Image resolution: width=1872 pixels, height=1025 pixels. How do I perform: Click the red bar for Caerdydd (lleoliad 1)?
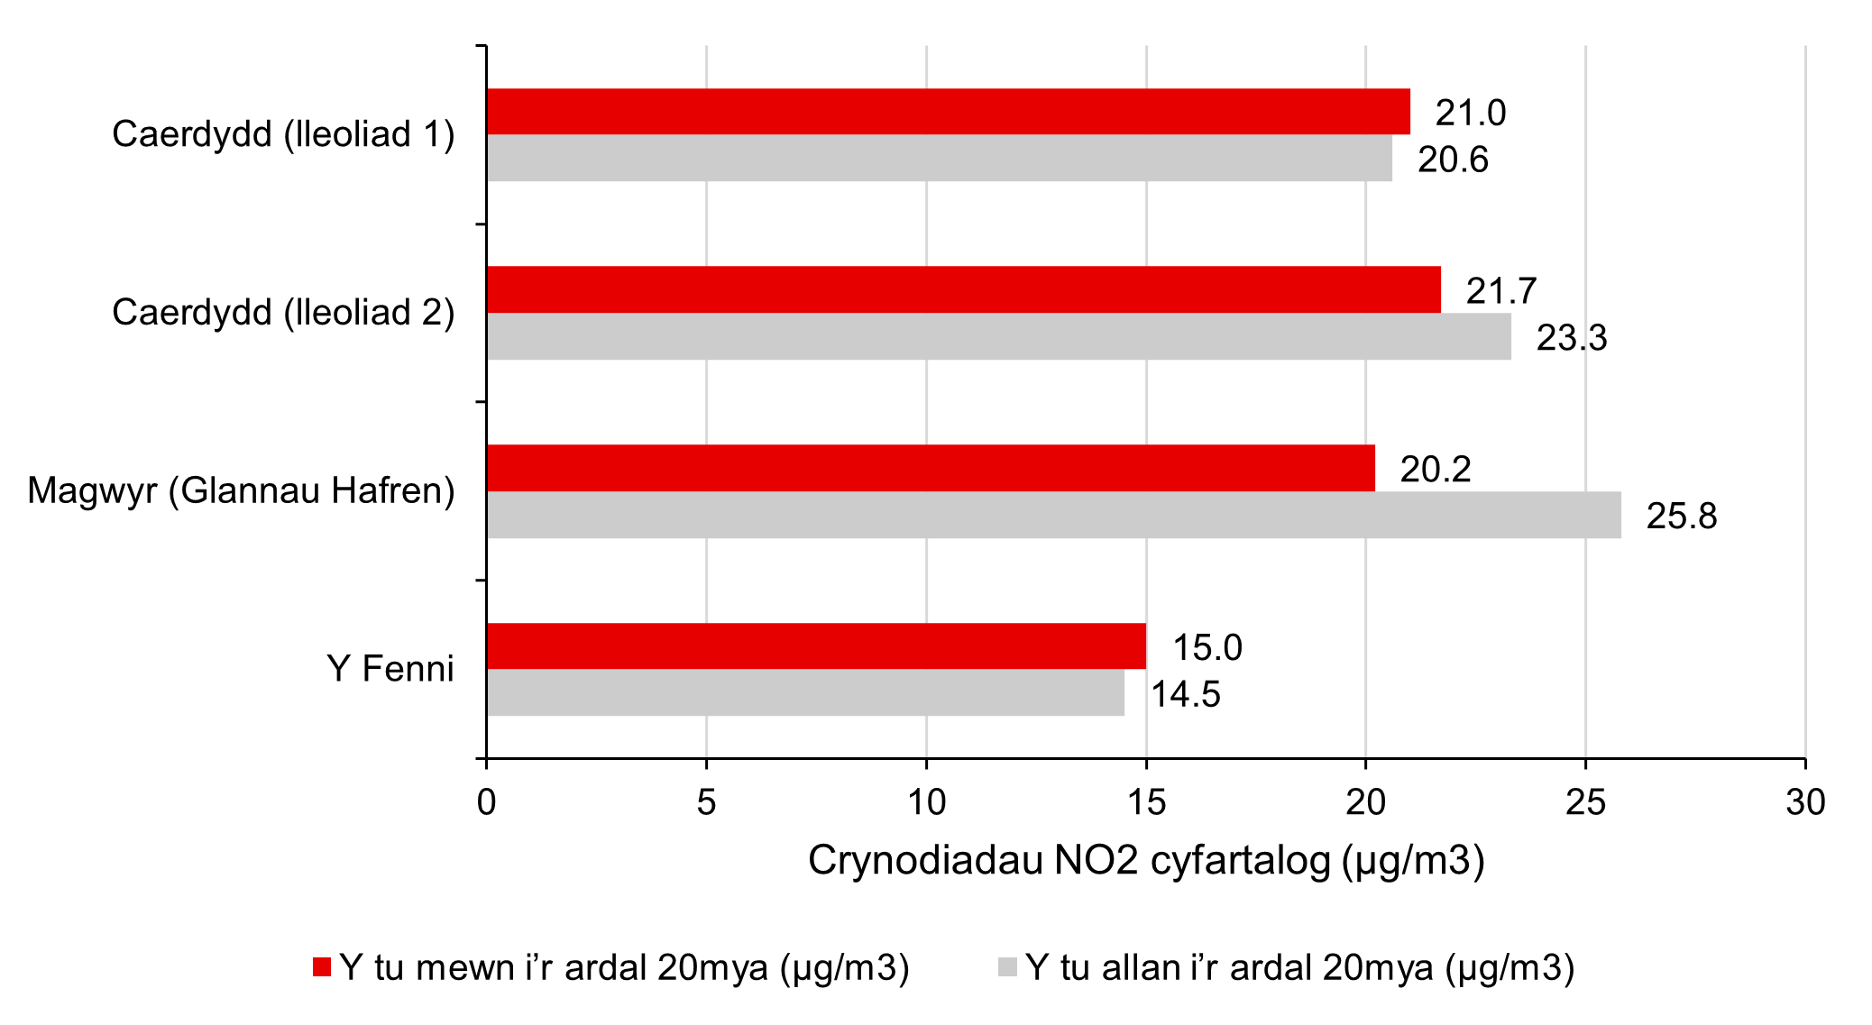pyautogui.click(x=948, y=112)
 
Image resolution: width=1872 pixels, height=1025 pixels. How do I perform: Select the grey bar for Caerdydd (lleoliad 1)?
pyautogui.click(x=939, y=158)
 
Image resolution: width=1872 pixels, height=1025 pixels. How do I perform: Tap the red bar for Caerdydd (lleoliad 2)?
pyautogui.click(x=963, y=289)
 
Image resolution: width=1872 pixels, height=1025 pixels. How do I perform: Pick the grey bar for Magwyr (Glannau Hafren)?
pyautogui.click(x=1053, y=515)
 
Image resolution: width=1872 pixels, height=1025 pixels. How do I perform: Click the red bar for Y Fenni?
pyautogui.click(x=816, y=645)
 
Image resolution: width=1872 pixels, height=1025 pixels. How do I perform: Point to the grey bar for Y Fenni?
pyautogui.click(x=805, y=692)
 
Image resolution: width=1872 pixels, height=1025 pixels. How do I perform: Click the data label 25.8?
pyautogui.click(x=1681, y=517)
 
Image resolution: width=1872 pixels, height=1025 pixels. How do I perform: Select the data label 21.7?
pyautogui.click(x=1500, y=291)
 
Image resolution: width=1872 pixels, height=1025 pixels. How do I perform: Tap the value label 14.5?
pyautogui.click(x=1185, y=695)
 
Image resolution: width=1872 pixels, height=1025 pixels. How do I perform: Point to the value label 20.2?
pyautogui.click(x=1435, y=470)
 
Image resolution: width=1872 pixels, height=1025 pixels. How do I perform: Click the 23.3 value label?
pyautogui.click(x=1571, y=338)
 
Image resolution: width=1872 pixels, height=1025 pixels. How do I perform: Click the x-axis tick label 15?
pyautogui.click(x=1146, y=802)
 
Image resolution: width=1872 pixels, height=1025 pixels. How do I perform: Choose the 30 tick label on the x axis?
pyautogui.click(x=1805, y=802)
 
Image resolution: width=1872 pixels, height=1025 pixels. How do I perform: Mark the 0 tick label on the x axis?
pyautogui.click(x=487, y=802)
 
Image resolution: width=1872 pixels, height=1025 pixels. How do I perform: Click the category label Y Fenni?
pyautogui.click(x=390, y=669)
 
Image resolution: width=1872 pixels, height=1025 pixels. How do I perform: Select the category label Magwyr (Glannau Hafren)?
pyautogui.click(x=241, y=490)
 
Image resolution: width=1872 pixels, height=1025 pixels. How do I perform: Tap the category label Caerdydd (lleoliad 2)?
pyautogui.click(x=283, y=312)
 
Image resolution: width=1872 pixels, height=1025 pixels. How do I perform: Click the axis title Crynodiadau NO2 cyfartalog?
pyautogui.click(x=1145, y=861)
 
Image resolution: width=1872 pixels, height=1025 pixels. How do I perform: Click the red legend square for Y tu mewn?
pyautogui.click(x=322, y=967)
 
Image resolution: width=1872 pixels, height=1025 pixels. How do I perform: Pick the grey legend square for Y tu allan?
pyautogui.click(x=1007, y=967)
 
